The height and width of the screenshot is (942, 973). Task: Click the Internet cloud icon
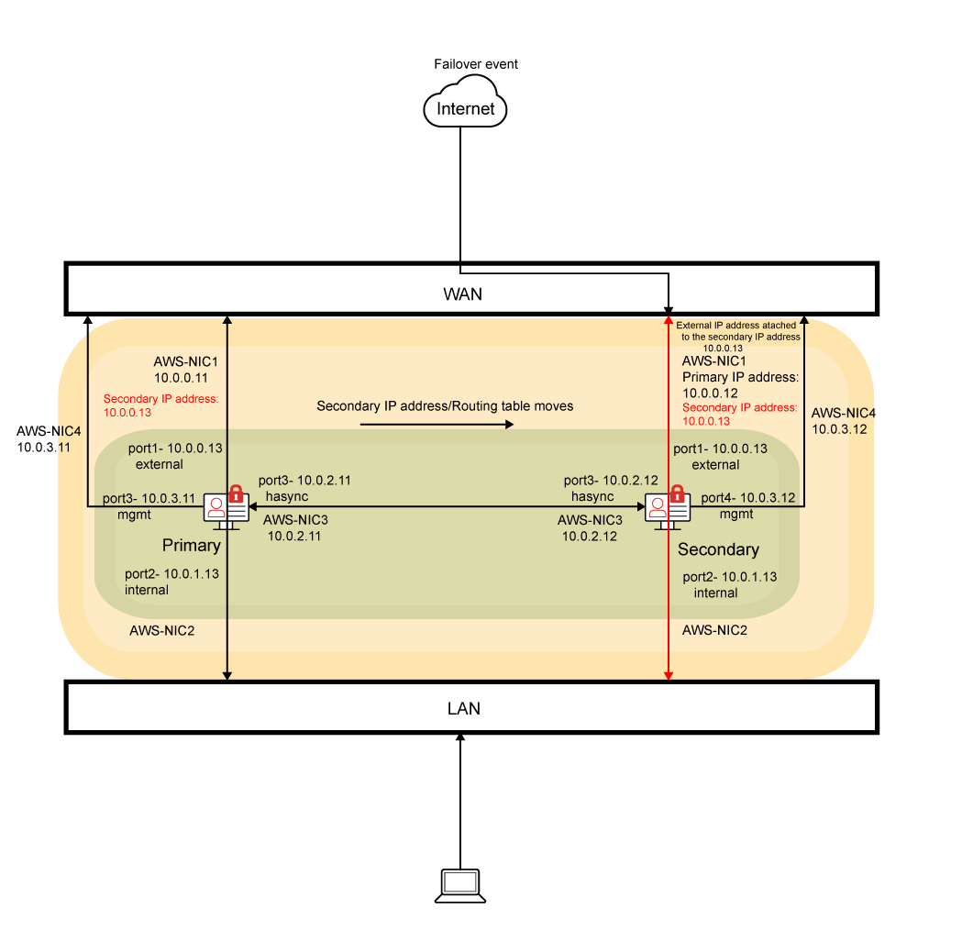click(x=465, y=106)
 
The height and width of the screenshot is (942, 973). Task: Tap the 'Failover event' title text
click(x=475, y=64)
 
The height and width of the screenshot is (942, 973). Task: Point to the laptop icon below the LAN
click(x=459, y=884)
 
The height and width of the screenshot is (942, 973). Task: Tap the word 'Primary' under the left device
click(x=191, y=546)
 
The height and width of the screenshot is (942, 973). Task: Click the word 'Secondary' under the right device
click(x=718, y=549)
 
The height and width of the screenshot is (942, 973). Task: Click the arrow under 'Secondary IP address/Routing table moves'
click(x=437, y=425)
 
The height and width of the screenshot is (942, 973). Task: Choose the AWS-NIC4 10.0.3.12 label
click(x=842, y=421)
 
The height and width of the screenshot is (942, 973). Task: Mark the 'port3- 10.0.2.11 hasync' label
click(x=304, y=487)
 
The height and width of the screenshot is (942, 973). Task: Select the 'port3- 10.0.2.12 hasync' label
click(x=611, y=487)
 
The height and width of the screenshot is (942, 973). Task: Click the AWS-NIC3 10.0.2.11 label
click(x=294, y=527)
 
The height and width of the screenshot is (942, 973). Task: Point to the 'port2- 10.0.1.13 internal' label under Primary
click(x=171, y=582)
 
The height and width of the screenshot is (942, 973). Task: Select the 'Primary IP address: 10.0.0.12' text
click(x=739, y=384)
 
